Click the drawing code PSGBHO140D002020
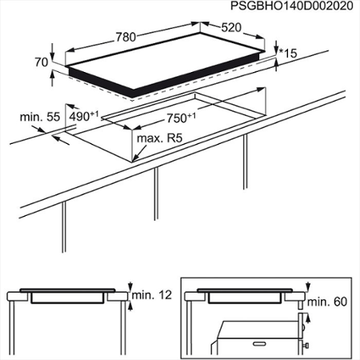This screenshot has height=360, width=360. [292, 6]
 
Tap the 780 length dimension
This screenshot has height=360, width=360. [126, 37]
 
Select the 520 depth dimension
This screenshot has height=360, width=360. [231, 27]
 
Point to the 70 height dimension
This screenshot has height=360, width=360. [42, 62]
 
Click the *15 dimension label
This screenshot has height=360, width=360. [288, 53]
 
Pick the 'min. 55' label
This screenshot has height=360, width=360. [40, 117]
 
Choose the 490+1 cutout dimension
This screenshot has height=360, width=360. [84, 116]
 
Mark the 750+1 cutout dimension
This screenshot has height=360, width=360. [182, 118]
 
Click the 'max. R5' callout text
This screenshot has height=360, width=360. [159, 138]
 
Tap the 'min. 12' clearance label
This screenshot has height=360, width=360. [152, 295]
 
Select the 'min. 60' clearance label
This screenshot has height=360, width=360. [327, 302]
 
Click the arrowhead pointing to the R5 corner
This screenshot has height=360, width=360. [135, 158]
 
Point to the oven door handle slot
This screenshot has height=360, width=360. [260, 344]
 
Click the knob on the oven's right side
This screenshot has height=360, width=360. [306, 346]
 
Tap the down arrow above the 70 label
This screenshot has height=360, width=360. [52, 52]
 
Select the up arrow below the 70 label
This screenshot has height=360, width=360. [52, 78]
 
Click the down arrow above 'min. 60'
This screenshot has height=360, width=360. [308, 286]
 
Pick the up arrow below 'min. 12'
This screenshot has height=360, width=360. [130, 306]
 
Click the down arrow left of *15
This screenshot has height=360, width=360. [276, 47]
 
